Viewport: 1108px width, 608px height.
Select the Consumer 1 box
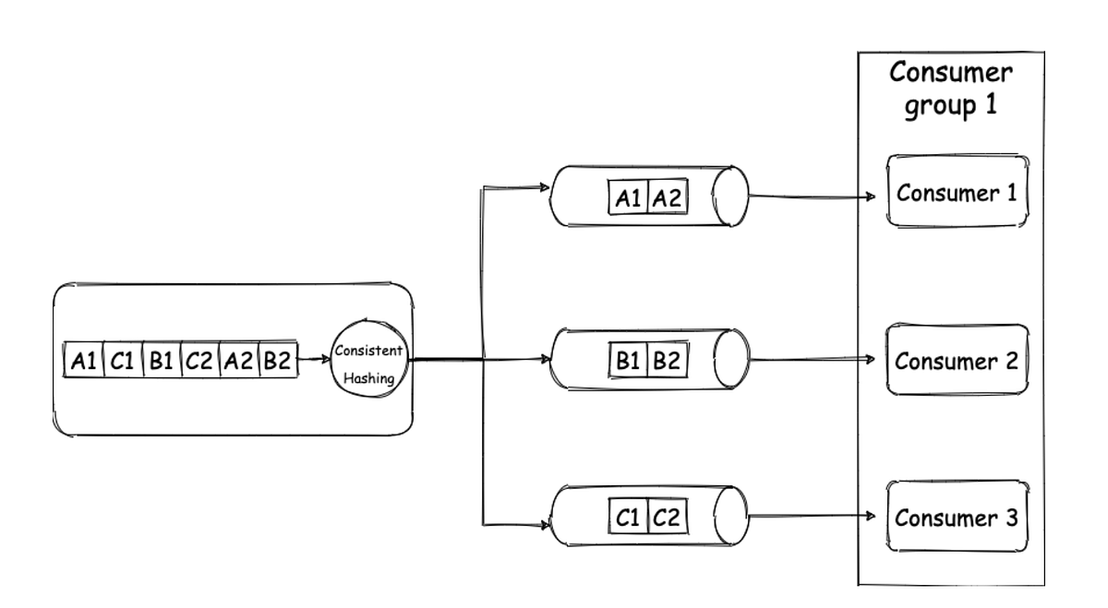coord(957,192)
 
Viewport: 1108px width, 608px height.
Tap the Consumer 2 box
coord(957,361)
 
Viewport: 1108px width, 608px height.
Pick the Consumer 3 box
coord(957,517)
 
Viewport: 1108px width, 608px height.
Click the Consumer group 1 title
coord(950,89)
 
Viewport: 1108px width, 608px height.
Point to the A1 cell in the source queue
coord(84,362)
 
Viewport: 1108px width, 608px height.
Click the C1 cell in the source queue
coord(123,362)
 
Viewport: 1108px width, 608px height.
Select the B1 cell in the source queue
coord(162,362)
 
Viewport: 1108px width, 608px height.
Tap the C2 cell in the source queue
coord(199,362)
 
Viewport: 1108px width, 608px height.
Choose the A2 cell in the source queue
coord(238,362)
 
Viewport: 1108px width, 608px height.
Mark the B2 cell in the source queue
coord(277,362)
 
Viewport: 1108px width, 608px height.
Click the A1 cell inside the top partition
coord(629,197)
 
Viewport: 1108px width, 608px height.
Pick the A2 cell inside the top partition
coord(668,197)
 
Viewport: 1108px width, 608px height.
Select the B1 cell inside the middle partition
coord(629,361)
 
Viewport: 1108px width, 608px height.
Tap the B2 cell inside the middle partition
coord(667,361)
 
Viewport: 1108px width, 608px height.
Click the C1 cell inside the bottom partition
coord(628,518)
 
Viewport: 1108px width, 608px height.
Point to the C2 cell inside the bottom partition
coord(667,518)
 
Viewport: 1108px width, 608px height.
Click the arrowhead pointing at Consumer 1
coord(869,197)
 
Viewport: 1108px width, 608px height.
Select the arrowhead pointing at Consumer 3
coord(869,518)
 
